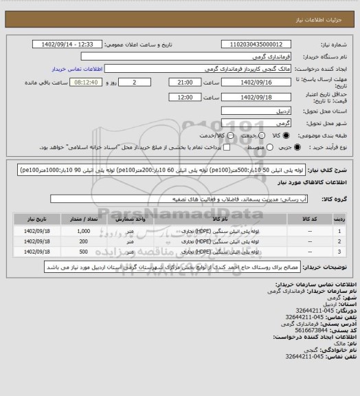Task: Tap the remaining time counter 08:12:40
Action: click(x=69, y=82)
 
